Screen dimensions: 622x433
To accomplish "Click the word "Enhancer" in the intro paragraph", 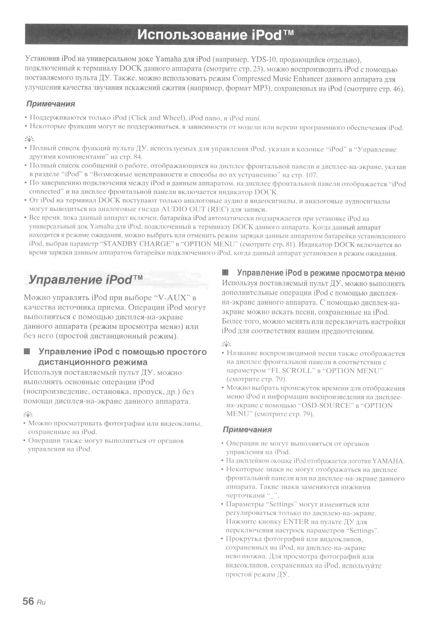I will (x=303, y=79).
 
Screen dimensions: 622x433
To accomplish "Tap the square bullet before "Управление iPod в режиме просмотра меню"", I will (x=225, y=273).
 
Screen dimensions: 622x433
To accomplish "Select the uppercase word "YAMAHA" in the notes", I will (x=388, y=461).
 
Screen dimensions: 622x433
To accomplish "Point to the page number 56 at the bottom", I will (x=28, y=601).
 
